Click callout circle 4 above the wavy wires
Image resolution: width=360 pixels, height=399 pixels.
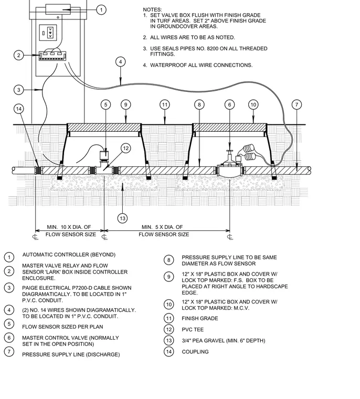point(120,62)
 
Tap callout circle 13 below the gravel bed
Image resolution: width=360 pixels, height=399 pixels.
point(122,218)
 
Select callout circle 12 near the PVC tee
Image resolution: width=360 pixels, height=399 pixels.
point(125,149)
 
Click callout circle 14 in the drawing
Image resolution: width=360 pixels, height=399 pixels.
point(19,109)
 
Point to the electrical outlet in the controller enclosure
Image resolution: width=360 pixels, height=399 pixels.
point(48,33)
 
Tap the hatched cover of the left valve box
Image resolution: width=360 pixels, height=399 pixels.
point(104,127)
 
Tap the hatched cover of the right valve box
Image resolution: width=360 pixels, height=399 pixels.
point(230,127)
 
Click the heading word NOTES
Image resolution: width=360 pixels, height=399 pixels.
point(152,9)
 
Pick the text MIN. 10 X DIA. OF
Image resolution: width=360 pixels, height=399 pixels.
point(69,227)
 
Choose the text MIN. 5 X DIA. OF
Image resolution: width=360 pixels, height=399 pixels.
point(162,227)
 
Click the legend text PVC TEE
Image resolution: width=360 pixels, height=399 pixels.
point(193,330)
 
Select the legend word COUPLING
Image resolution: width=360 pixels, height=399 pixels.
point(195,352)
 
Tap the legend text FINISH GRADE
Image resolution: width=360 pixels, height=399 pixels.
point(200,318)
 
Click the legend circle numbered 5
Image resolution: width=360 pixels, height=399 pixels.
point(9,324)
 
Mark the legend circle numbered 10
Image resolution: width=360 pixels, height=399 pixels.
point(168,304)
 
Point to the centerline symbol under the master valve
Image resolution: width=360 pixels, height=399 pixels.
point(230,237)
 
